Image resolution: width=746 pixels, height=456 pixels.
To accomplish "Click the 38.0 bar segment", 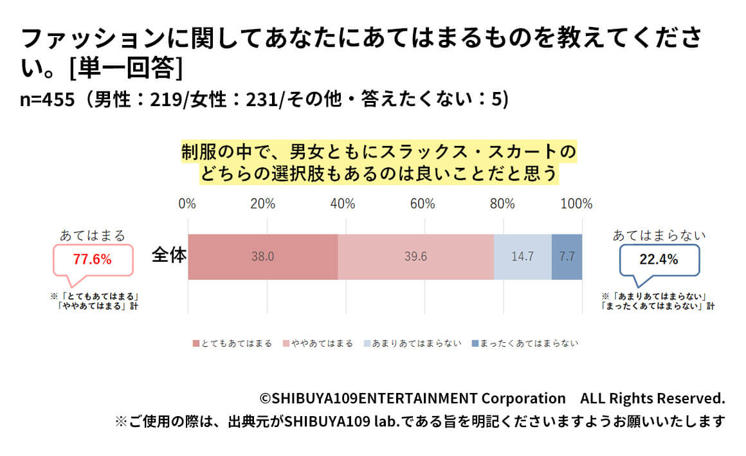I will pyautogui.click(x=262, y=257).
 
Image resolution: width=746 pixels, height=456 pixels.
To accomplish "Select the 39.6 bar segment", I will pyautogui.click(x=415, y=257).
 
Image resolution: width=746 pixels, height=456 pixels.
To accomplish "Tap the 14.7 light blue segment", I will pyautogui.click(x=522, y=257).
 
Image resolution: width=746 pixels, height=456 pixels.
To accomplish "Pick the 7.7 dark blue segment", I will pyautogui.click(x=567, y=257).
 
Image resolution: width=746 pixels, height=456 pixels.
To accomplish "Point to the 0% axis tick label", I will pyautogui.click(x=187, y=205).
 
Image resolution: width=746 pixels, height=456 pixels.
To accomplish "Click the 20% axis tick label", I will pyautogui.click(x=262, y=205).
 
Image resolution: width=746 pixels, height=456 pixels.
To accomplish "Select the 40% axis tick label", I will pyautogui.click(x=342, y=205).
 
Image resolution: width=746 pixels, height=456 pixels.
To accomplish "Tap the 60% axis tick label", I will pyautogui.click(x=422, y=205).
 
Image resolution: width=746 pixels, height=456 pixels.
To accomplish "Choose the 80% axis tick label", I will pyautogui.click(x=502, y=205).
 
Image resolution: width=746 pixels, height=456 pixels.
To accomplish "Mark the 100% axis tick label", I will pyautogui.click(x=577, y=205).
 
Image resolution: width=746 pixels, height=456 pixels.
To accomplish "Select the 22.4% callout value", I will pyautogui.click(x=659, y=260).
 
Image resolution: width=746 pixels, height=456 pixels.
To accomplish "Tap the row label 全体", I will pyautogui.click(x=169, y=255).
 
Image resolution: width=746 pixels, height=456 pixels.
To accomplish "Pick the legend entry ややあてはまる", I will pyautogui.click(x=318, y=343).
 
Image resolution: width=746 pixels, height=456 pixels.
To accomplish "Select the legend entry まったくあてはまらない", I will pyautogui.click(x=524, y=343).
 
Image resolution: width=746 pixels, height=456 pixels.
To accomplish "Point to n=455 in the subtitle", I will pyautogui.click(x=47, y=100).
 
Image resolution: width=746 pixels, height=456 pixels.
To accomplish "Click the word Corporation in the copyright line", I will pyautogui.click(x=523, y=398).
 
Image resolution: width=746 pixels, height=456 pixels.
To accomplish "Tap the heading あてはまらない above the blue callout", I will pyautogui.click(x=659, y=235).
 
